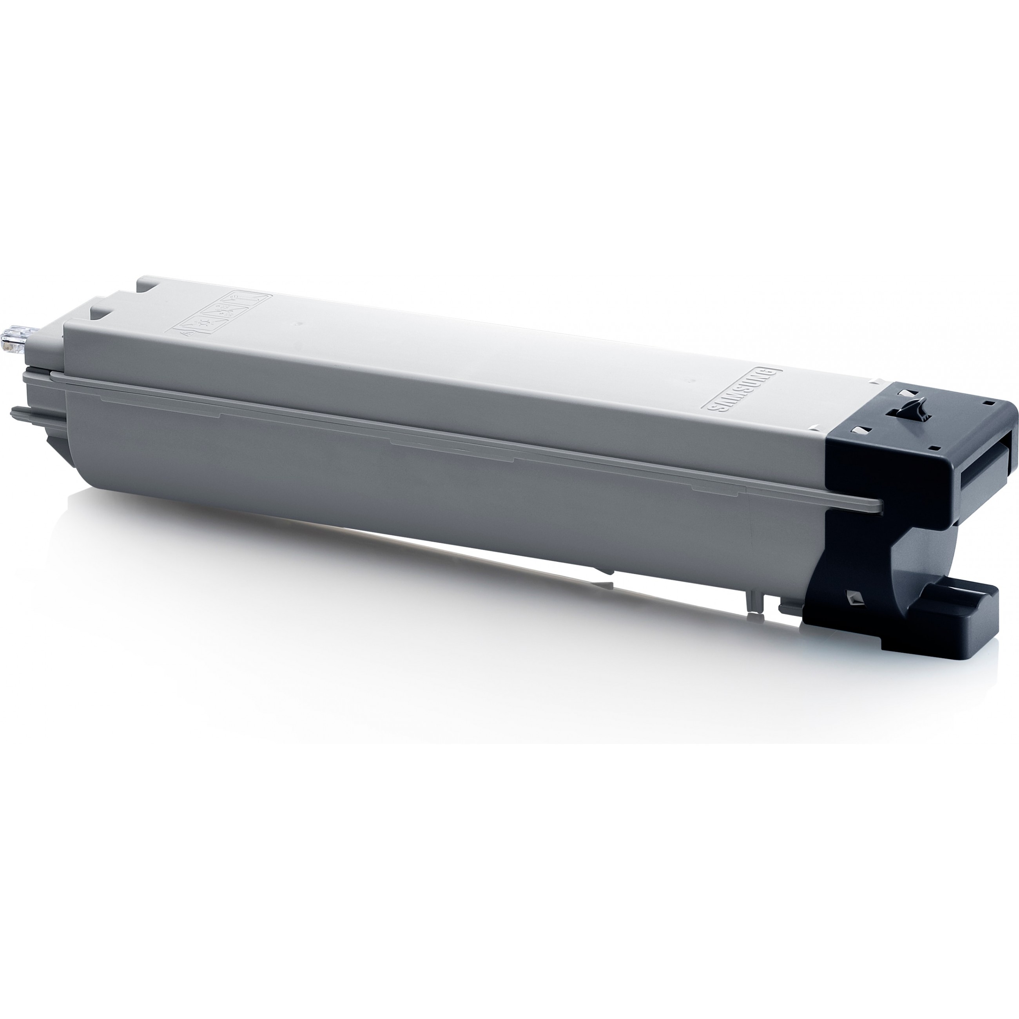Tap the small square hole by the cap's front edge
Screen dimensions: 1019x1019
[935, 449]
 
